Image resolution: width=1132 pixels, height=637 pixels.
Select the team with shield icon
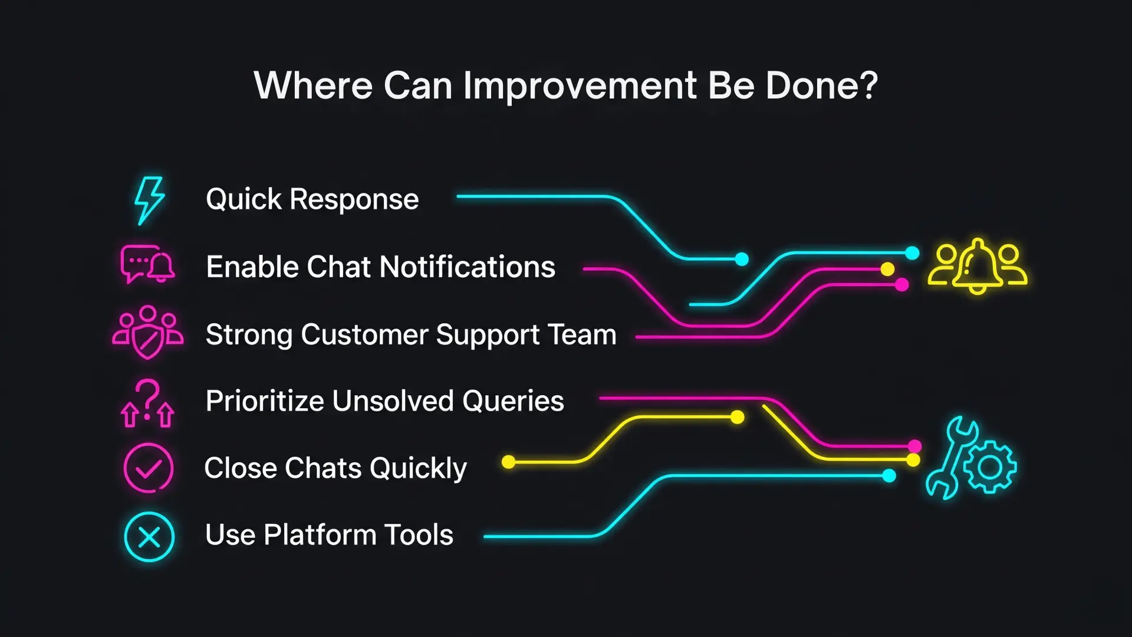tap(148, 332)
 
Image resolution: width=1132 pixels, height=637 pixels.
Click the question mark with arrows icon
tap(147, 403)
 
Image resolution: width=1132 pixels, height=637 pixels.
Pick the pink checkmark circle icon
tap(149, 468)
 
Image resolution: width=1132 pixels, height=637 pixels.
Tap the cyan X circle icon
tap(149, 537)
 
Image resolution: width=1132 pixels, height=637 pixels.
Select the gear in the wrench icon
tap(990, 467)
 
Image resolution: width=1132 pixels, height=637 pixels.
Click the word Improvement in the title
tap(580, 86)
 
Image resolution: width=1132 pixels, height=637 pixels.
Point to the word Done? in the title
tap(822, 86)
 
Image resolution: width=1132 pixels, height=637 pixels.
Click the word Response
tap(354, 199)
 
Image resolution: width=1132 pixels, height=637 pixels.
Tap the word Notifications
tap(468, 267)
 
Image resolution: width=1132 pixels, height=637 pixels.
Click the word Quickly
tap(419, 469)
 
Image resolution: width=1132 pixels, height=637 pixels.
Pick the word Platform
tap(320, 535)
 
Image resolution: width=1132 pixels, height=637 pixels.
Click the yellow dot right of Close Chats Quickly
tap(508, 462)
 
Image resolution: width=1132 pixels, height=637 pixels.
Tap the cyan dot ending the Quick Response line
tap(742, 259)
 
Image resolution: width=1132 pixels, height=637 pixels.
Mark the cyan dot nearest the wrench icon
tap(889, 476)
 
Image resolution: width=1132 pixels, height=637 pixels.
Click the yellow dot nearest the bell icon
tap(887, 270)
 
